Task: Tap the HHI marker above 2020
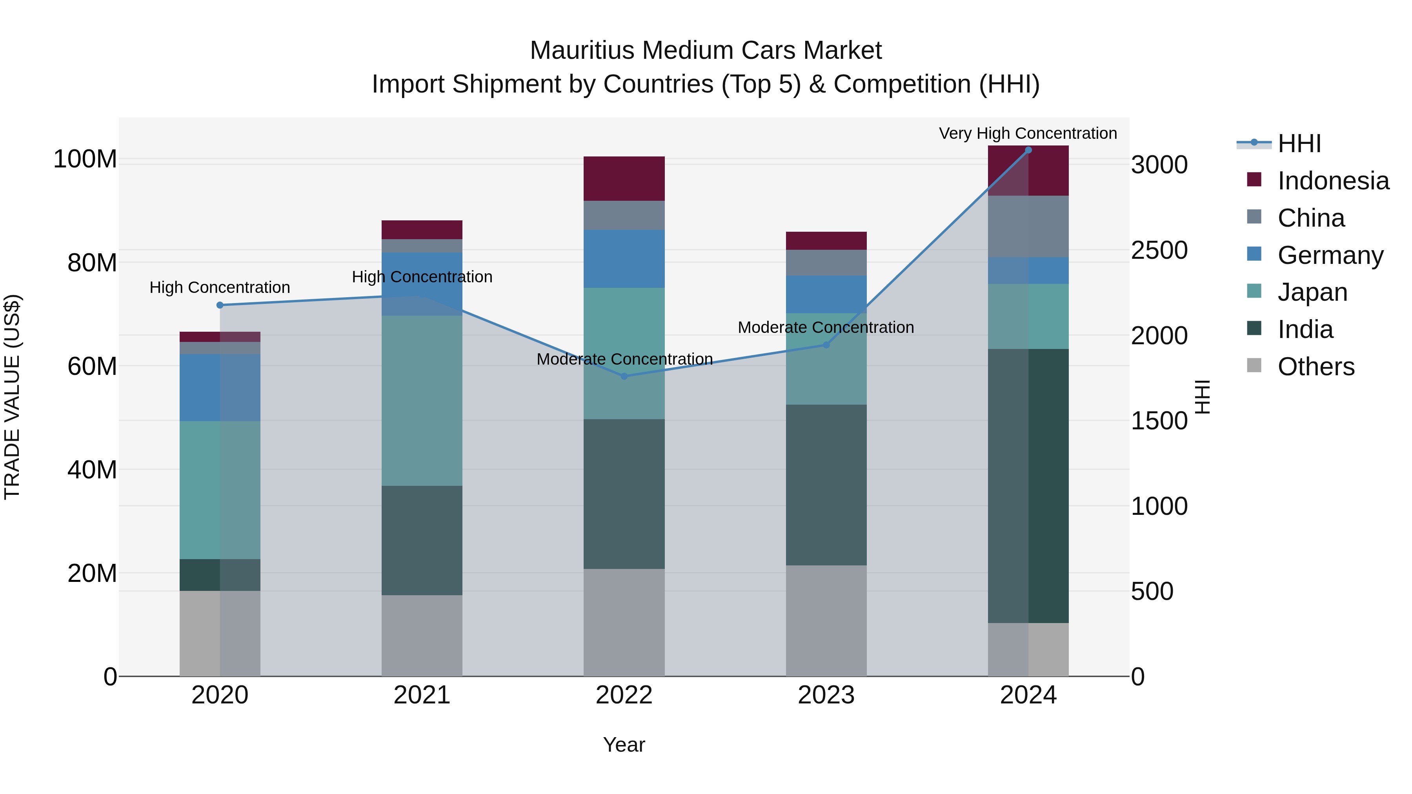click(220, 305)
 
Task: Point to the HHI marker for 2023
click(826, 345)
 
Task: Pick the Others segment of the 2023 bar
click(826, 620)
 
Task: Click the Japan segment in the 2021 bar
click(422, 401)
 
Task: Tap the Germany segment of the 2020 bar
click(220, 387)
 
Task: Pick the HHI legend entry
click(1299, 144)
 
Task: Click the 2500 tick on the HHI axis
click(1159, 251)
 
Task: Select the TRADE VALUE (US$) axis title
click(12, 397)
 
